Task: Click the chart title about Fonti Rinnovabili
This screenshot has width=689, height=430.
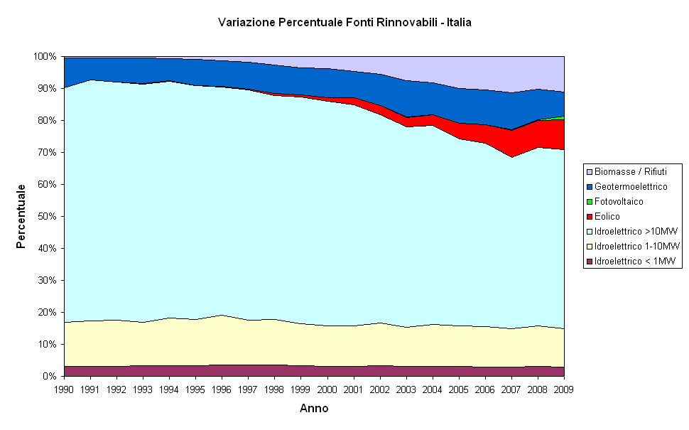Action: tap(344, 23)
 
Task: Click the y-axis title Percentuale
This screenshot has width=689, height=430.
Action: tap(21, 216)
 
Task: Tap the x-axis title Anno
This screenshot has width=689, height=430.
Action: tap(314, 409)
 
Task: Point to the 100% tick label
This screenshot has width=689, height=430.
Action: tap(45, 56)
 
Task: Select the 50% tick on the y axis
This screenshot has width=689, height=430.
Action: tap(47, 216)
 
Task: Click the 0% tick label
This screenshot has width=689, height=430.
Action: tap(50, 376)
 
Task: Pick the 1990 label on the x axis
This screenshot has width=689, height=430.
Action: tap(64, 389)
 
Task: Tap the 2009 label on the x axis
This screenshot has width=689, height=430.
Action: tap(563, 389)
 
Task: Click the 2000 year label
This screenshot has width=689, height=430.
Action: tap(327, 389)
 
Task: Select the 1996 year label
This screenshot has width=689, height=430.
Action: tap(222, 389)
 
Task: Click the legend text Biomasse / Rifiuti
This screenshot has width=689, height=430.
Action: tap(629, 171)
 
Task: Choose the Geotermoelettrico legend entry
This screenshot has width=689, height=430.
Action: tap(631, 186)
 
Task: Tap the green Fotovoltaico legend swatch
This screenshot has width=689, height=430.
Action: tap(589, 201)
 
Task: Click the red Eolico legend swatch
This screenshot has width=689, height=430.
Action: tap(589, 216)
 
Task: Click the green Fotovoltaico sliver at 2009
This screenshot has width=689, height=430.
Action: tap(562, 118)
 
